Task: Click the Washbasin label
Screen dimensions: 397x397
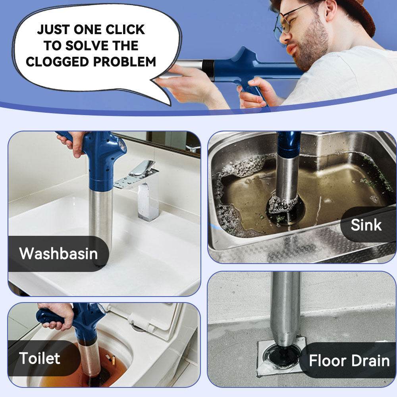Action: tap(58, 253)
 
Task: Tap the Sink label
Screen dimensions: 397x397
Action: tap(366, 225)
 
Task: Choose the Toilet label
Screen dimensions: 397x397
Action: tap(40, 358)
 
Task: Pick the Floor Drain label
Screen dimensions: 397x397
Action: tap(349, 361)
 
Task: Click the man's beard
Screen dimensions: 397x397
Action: tap(314, 48)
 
